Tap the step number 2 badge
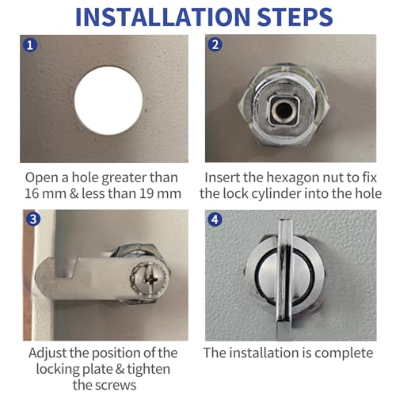click(215, 46)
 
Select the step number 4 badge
click(215, 219)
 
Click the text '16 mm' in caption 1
click(42, 194)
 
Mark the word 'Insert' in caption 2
click(224, 178)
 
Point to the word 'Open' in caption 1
click(41, 178)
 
